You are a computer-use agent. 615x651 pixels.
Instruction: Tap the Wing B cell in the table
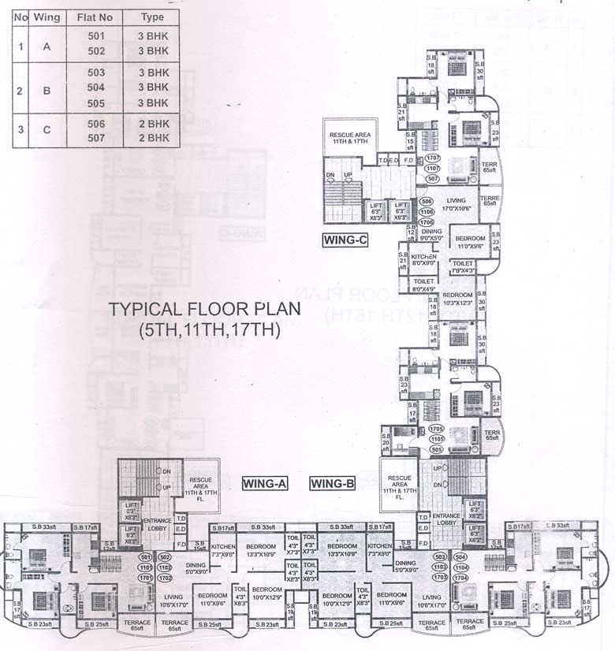point(47,90)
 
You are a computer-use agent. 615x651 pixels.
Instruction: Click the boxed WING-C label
point(345,241)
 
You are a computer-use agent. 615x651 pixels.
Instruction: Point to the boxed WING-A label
point(263,483)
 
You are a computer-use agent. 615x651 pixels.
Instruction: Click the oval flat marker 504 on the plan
point(460,556)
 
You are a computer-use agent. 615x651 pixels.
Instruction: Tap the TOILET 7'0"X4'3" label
point(463,267)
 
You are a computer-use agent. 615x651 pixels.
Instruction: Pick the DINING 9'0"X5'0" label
point(431,234)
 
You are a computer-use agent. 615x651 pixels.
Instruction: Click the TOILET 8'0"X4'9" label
point(423,285)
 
